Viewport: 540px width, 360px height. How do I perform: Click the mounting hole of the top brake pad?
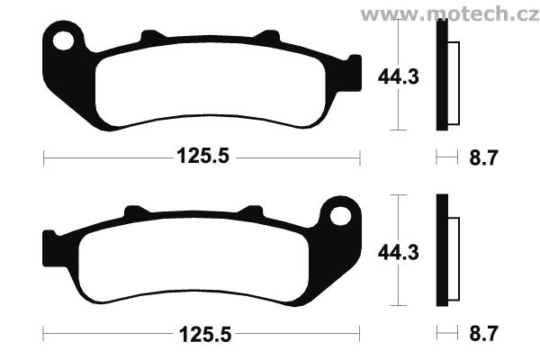click(x=63, y=40)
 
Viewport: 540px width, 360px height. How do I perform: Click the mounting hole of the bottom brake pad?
click(x=340, y=216)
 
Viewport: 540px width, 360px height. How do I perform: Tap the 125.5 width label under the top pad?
click(x=202, y=156)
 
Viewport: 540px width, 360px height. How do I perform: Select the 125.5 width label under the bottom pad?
click(x=205, y=334)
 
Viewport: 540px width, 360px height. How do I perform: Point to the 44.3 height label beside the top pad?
click(x=399, y=76)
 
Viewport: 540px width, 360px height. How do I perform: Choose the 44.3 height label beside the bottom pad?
click(x=399, y=253)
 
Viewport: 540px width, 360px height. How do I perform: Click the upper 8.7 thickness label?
click(x=484, y=158)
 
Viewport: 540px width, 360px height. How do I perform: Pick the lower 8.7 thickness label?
click(x=484, y=334)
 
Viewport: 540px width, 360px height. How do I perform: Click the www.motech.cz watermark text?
click(x=450, y=14)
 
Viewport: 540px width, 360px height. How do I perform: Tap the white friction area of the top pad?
click(x=210, y=85)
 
